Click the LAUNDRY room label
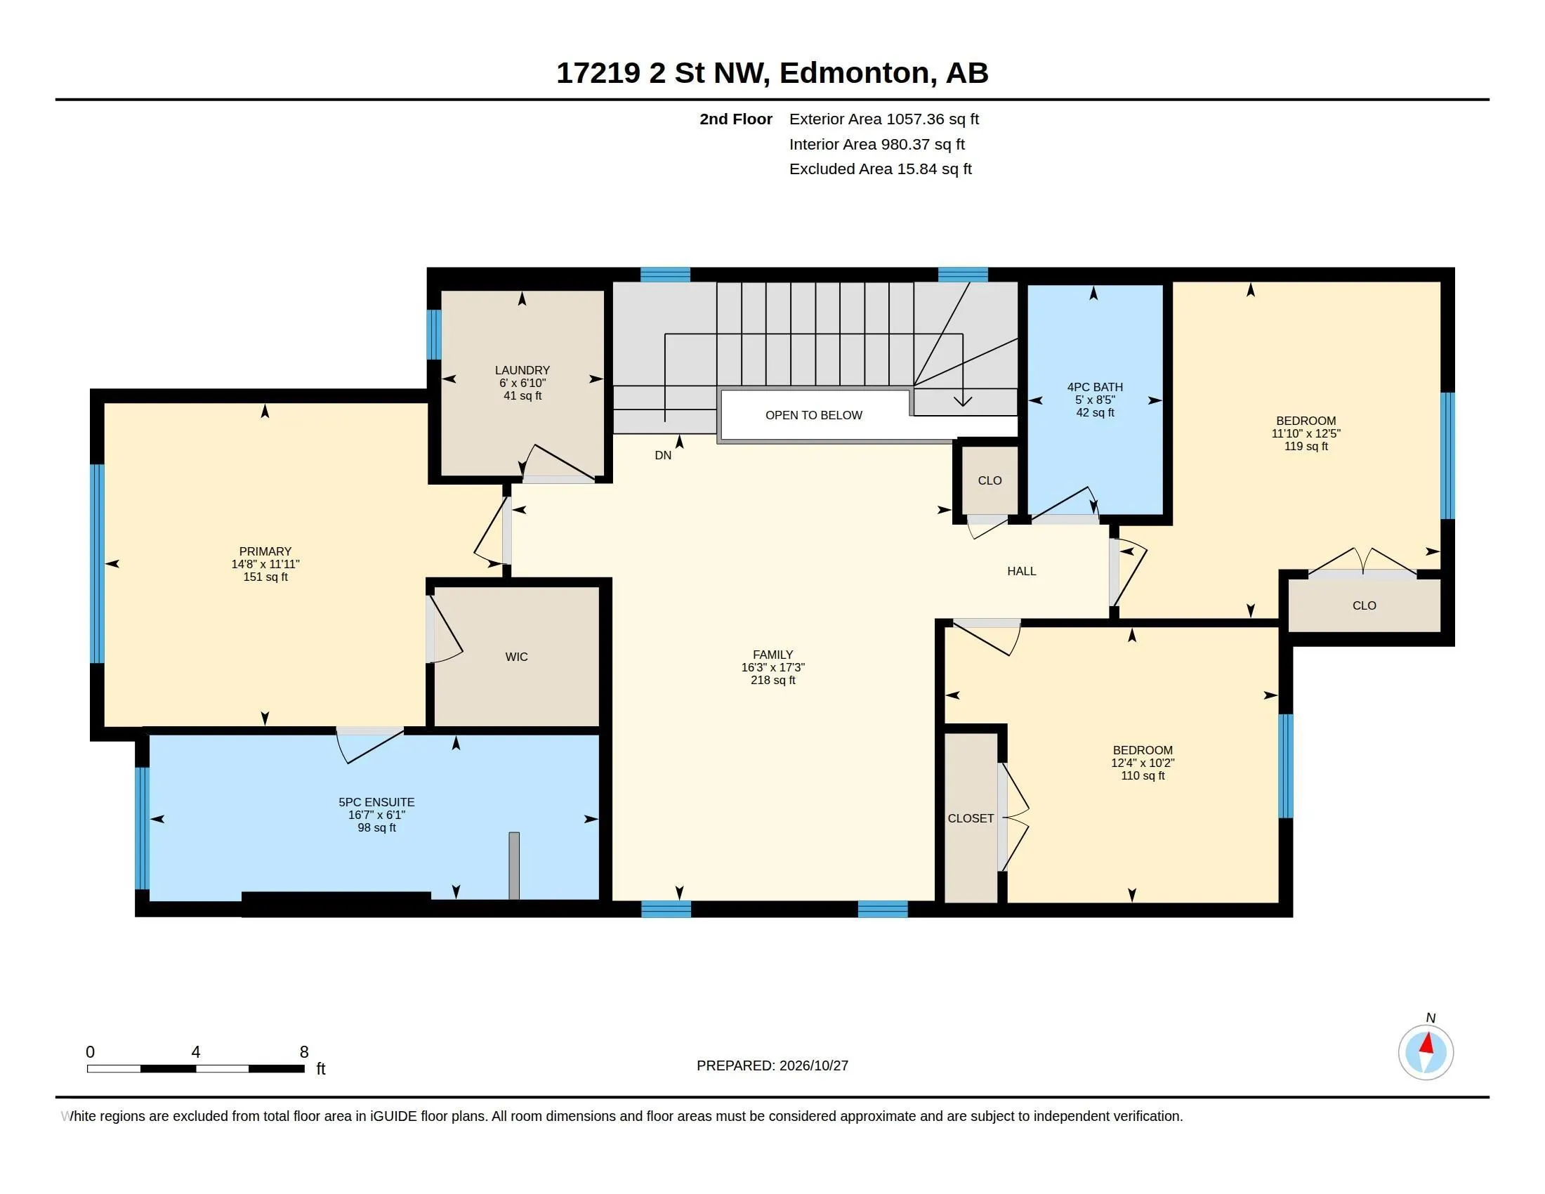pos(522,370)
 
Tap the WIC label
pos(516,657)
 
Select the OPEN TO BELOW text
pos(813,415)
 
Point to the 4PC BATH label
pos(1095,387)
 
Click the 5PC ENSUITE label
pos(376,802)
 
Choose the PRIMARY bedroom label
pos(265,551)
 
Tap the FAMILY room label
pos(772,655)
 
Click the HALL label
pos(1022,571)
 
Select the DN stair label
pos(663,456)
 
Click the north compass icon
pos(1426,1052)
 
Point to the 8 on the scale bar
pos(304,1052)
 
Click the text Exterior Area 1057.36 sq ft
pos(883,119)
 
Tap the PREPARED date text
pos(772,1065)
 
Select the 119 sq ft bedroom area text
pos(1306,446)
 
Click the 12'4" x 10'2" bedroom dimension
pos(1143,763)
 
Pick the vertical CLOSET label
pos(971,818)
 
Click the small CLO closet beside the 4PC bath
pos(990,480)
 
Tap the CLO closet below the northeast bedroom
pos(1364,605)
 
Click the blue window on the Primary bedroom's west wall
pos(97,563)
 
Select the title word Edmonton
pos(855,74)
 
